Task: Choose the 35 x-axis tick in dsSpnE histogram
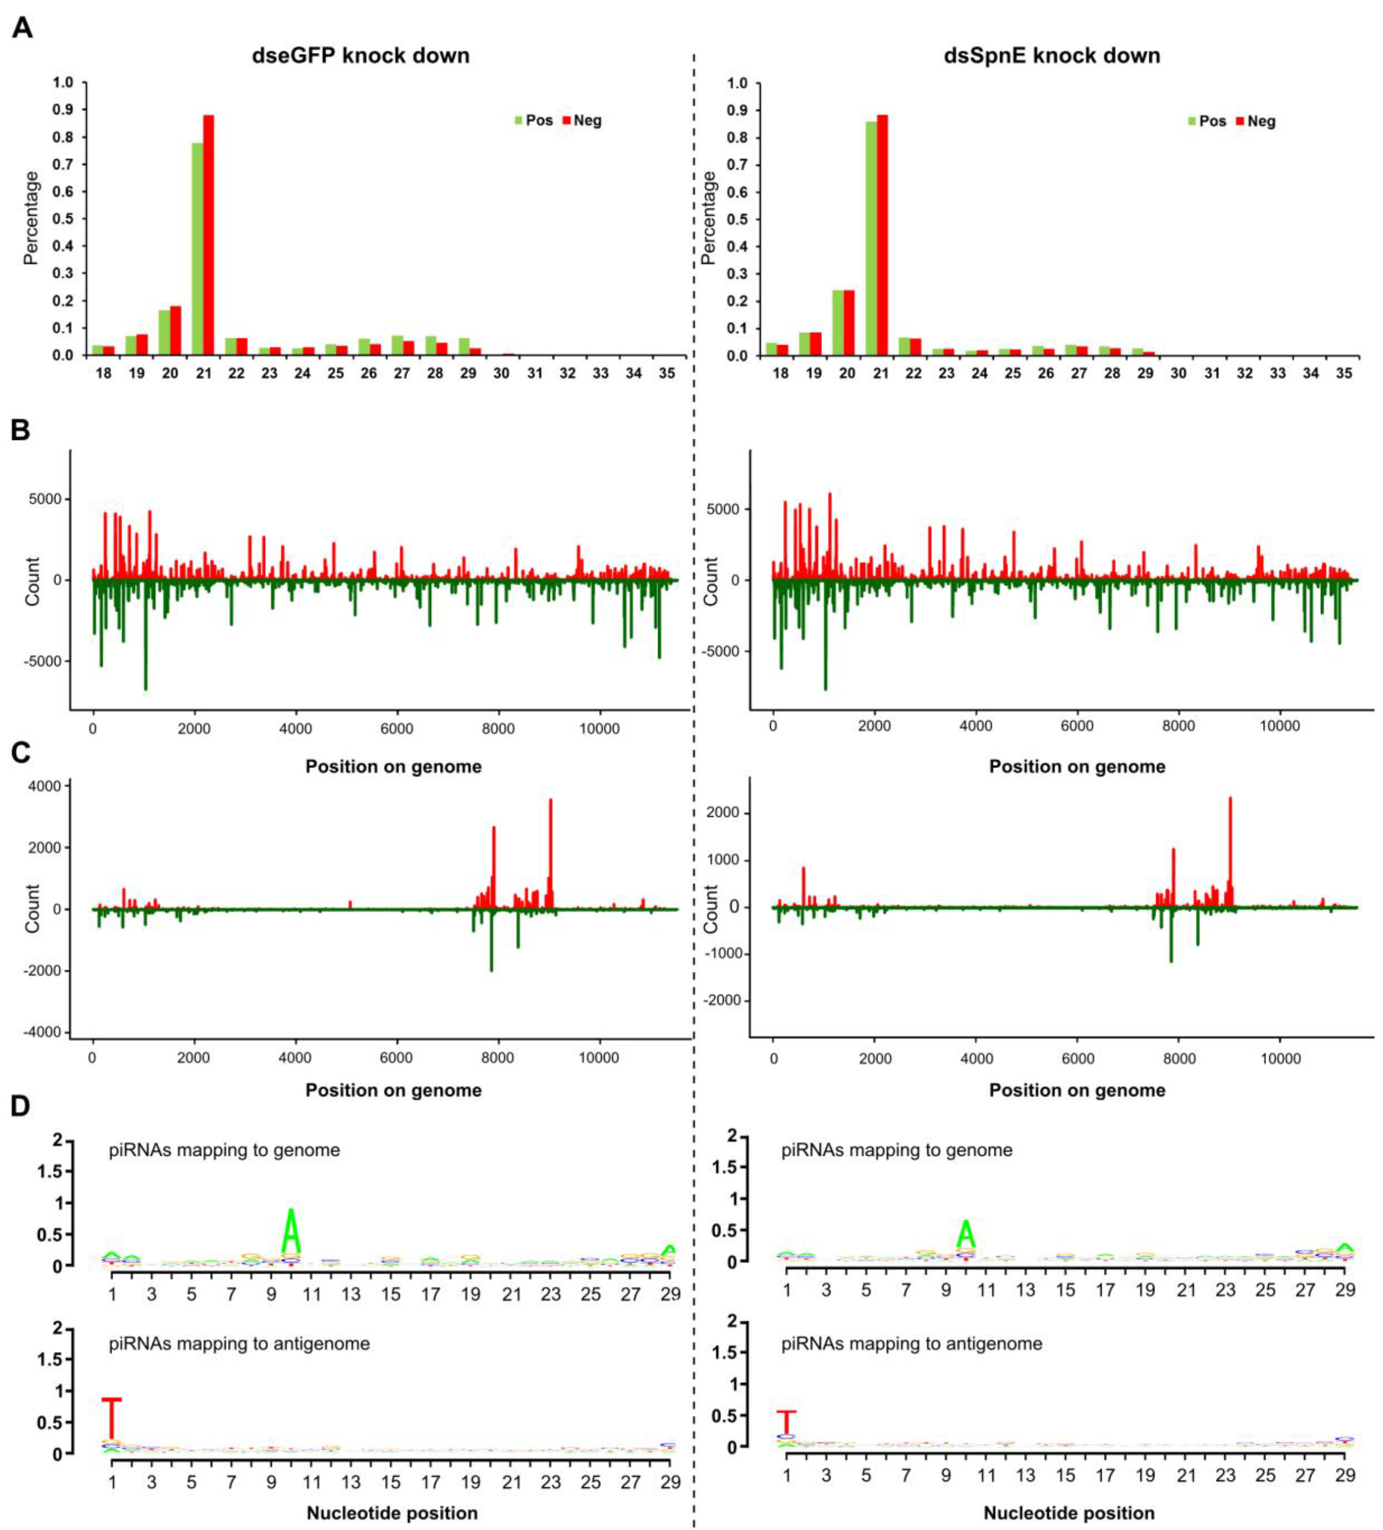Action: coord(1343,373)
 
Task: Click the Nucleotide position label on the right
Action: coord(1069,1513)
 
